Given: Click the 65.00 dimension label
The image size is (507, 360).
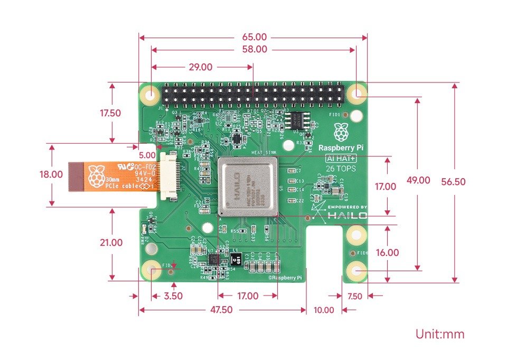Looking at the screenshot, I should click(x=254, y=37).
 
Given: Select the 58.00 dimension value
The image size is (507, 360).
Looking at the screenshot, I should click(x=254, y=49).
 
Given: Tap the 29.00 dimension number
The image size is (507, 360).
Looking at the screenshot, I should click(x=200, y=67).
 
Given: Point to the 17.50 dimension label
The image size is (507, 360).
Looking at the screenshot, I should click(x=111, y=113).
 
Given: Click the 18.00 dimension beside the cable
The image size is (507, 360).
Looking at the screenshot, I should click(x=51, y=175).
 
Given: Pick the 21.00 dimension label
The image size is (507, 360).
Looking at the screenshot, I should click(x=111, y=243).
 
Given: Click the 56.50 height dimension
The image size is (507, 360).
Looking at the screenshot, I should click(x=453, y=181).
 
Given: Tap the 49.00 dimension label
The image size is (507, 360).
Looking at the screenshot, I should click(x=418, y=180).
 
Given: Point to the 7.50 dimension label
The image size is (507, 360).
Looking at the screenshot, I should click(x=354, y=297).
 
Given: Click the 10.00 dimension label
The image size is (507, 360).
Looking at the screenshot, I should click(x=324, y=310).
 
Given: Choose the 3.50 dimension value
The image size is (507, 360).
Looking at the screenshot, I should click(x=173, y=296).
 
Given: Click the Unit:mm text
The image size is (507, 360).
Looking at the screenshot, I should click(x=439, y=334).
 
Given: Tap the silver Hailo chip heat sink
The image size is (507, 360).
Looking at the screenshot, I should click(x=248, y=187).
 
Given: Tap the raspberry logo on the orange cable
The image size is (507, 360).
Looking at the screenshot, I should click(x=96, y=176).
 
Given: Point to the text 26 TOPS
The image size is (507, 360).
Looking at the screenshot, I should click(x=341, y=169).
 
